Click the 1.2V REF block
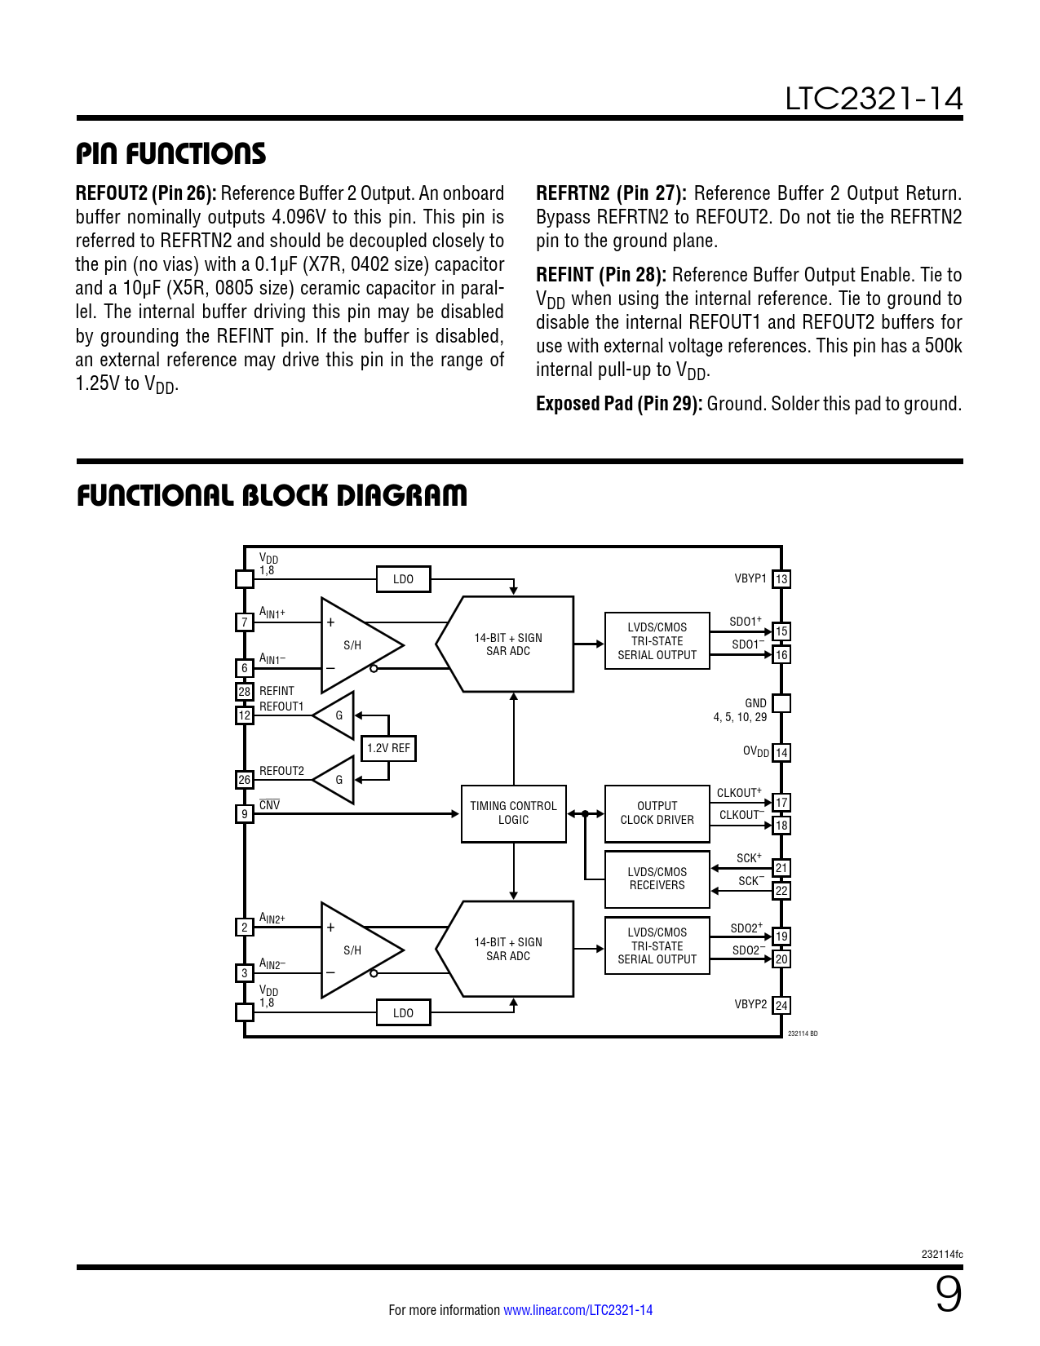click(x=388, y=748)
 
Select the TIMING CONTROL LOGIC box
click(x=513, y=813)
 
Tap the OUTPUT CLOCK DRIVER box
click(x=657, y=813)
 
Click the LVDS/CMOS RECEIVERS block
click(x=657, y=879)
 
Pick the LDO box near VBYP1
click(x=403, y=579)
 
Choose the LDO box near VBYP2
click(x=403, y=1013)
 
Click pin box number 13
click(x=781, y=579)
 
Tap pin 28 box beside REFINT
click(x=244, y=692)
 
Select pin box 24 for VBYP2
click(x=781, y=1006)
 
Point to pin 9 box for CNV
click(x=244, y=813)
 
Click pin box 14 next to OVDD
click(x=781, y=753)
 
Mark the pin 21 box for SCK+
click(x=781, y=868)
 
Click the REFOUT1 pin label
click(x=281, y=706)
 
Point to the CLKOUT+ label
click(x=739, y=793)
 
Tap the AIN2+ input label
click(x=272, y=919)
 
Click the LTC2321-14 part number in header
click(x=874, y=100)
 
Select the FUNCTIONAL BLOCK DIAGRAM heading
click(x=272, y=496)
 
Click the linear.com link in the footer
click(x=578, y=1310)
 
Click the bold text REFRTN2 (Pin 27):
click(x=611, y=193)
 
